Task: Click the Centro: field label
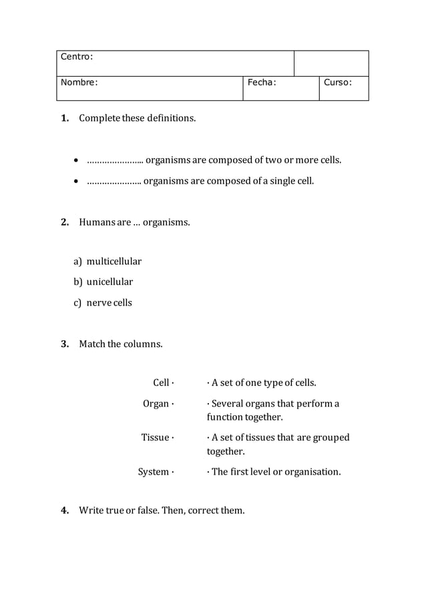[x=77, y=57]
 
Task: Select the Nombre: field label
[x=79, y=83]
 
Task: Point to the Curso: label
[x=338, y=83]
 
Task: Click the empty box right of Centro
[x=331, y=63]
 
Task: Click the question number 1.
[x=65, y=118]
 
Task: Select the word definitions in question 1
[x=171, y=118]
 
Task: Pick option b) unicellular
[x=103, y=282]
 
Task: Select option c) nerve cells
[x=103, y=302]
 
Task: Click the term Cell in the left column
[x=161, y=382]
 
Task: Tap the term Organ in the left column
[x=156, y=404]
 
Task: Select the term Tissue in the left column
[x=155, y=437]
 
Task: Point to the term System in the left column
[x=154, y=472]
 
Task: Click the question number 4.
[x=65, y=511]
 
